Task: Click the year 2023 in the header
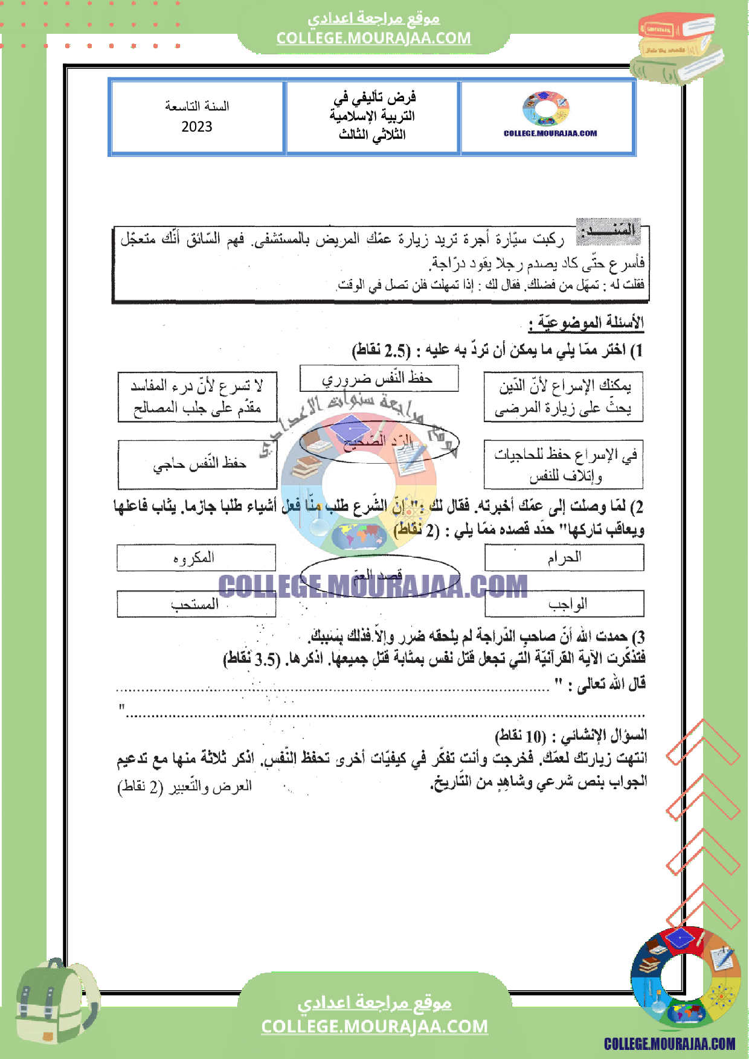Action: [x=197, y=127]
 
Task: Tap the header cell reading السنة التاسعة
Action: [x=197, y=106]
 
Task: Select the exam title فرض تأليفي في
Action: [x=374, y=97]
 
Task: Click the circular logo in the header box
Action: [x=546, y=108]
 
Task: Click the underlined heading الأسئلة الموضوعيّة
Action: [x=586, y=324]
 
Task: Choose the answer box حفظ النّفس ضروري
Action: [x=379, y=379]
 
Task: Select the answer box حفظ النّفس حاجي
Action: [x=198, y=464]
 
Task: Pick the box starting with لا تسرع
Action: [x=198, y=397]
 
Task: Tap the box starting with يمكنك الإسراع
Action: [x=563, y=397]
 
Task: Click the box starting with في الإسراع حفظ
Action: [x=563, y=464]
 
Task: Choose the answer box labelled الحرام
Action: [x=564, y=557]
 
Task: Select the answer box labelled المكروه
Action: [x=196, y=557]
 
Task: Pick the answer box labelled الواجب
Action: [x=564, y=604]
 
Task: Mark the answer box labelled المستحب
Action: [x=196, y=604]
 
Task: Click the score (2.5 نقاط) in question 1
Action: [x=381, y=351]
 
